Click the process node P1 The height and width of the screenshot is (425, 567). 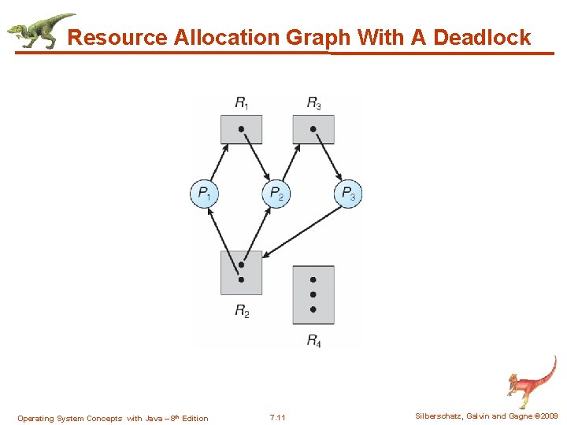(x=204, y=193)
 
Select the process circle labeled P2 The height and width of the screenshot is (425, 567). (x=276, y=193)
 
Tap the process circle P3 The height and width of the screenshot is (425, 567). (x=348, y=193)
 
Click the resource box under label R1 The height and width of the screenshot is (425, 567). (x=241, y=129)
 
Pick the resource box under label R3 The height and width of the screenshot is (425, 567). (x=313, y=129)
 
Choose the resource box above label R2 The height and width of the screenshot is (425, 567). (x=241, y=272)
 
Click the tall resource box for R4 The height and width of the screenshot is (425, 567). (x=313, y=295)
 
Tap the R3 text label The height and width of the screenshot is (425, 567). (x=314, y=102)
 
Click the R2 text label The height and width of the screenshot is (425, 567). (x=242, y=311)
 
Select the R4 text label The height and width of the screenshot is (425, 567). (x=313, y=341)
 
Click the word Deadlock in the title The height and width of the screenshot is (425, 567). (x=481, y=37)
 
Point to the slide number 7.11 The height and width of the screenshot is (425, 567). (x=277, y=417)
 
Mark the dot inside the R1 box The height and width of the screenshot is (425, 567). (x=241, y=128)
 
